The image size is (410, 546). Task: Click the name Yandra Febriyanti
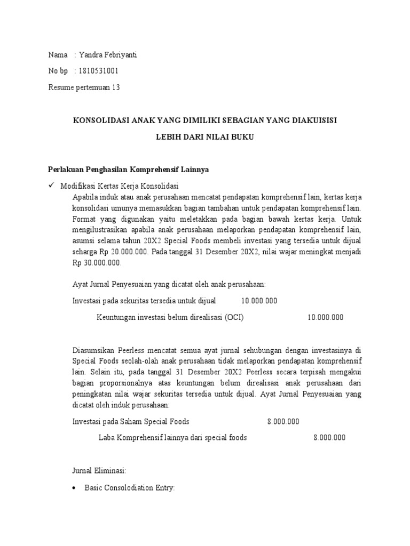108,55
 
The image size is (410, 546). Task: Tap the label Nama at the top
58,55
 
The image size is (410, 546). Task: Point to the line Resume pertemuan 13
84,87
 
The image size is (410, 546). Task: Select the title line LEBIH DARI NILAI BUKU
204,137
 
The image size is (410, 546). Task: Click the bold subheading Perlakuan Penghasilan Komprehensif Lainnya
129,170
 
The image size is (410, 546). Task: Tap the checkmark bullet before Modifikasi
51,186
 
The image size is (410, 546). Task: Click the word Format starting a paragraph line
84,219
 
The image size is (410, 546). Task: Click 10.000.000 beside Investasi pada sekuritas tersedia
259,301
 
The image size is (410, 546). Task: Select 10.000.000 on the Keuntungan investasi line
325,317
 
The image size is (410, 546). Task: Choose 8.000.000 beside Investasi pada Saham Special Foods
283,421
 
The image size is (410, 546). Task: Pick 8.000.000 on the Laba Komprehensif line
329,438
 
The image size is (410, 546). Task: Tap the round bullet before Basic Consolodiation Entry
75,488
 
